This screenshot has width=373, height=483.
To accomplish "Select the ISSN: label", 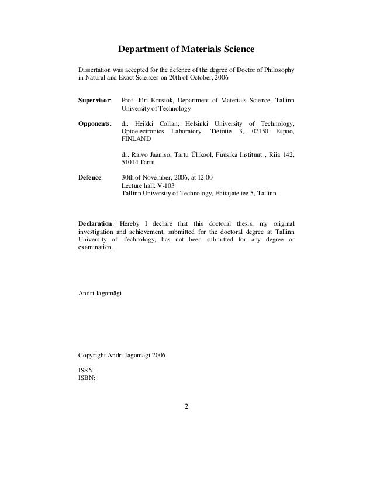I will click(x=87, y=371).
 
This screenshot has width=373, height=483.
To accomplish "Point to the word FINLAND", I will click(x=136, y=140).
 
